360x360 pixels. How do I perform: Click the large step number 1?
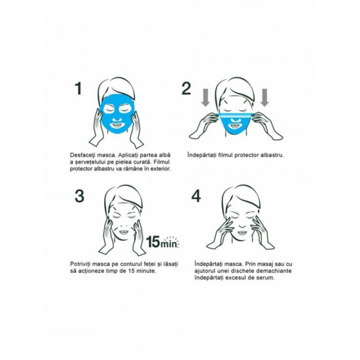tap(79, 88)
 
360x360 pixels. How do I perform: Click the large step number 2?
tap(186, 88)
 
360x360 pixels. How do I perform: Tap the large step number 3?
tap(79, 196)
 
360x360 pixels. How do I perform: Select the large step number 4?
tap(196, 196)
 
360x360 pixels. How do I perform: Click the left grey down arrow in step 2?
tap(206, 98)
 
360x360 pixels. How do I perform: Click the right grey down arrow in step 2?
tap(264, 98)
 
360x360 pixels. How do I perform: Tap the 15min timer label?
tap(162, 242)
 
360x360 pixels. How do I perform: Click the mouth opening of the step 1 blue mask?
tap(117, 126)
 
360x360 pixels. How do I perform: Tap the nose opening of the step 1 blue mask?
tap(117, 119)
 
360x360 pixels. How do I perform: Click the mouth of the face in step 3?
tap(124, 232)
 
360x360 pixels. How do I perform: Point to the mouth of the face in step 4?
tap(242, 232)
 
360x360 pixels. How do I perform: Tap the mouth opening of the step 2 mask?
tap(234, 126)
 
